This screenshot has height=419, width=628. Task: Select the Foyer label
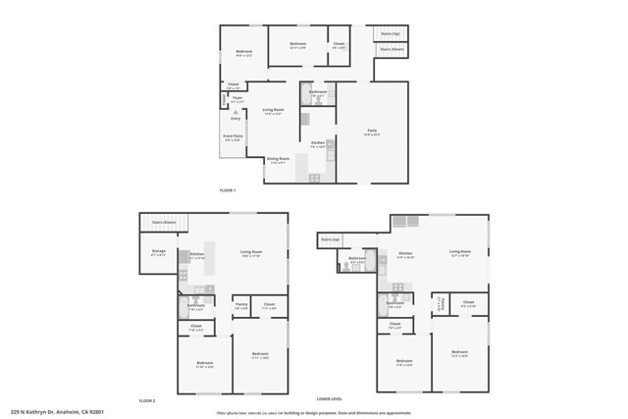[236, 98]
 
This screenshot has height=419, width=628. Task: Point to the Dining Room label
[278, 159]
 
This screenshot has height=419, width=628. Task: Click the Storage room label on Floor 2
[159, 251]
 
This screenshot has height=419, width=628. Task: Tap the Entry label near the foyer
[235, 118]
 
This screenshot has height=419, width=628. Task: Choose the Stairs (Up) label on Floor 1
[390, 34]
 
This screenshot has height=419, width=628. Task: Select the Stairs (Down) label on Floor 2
[164, 223]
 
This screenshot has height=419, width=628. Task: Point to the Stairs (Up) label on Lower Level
[329, 238]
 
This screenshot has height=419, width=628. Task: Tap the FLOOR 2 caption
[148, 401]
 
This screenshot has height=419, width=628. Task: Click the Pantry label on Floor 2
[240, 306]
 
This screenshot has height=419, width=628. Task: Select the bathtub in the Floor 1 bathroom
[304, 98]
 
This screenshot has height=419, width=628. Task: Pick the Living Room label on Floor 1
[273, 111]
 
